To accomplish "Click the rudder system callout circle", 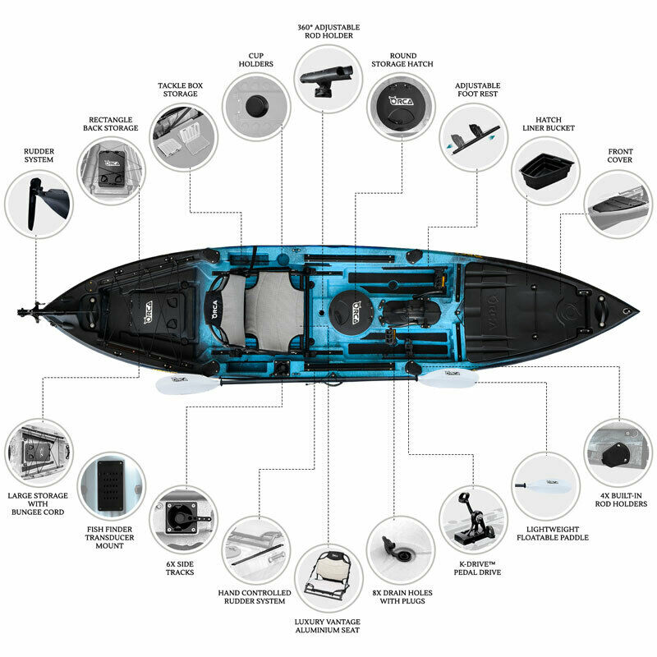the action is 39,204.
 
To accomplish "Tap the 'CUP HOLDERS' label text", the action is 255,60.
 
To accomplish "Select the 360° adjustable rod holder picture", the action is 328,79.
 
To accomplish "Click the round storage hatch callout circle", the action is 401,107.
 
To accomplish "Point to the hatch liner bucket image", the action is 545,171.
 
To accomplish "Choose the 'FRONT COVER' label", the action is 620,155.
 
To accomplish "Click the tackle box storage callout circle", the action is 183,137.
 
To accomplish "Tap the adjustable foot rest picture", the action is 474,137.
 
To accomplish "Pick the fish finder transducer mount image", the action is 112,486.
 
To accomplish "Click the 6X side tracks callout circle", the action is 183,520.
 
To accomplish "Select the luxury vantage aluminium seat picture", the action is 328,578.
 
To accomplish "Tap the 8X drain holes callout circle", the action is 401,550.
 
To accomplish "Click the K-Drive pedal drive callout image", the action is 474,520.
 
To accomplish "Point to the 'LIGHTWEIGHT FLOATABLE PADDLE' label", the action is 552,533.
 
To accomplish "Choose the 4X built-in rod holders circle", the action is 618,453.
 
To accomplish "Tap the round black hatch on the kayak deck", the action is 351,312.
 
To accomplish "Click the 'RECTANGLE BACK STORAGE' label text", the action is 110,124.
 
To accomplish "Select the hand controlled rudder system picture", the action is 255,550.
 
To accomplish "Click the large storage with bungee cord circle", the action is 39,453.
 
